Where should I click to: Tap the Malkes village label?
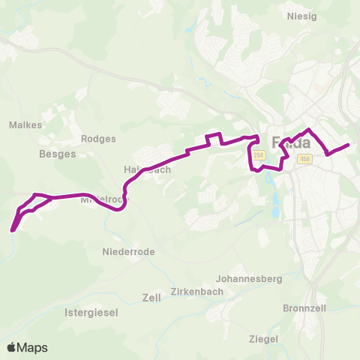point(26,125)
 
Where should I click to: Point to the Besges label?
point(57,154)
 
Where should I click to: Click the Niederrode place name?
point(128,252)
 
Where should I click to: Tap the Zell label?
point(151,298)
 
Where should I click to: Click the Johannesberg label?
point(248,278)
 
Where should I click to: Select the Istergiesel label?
point(91,312)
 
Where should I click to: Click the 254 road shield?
point(259,155)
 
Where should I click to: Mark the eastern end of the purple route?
point(349,145)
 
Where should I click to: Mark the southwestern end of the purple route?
point(13,229)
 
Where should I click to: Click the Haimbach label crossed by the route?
point(147,169)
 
